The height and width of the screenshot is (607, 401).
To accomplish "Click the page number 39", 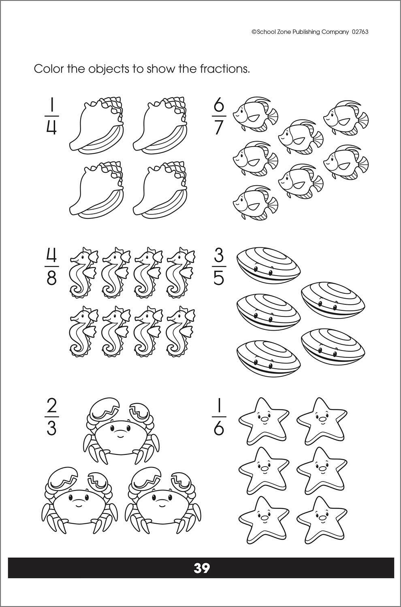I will point(201,568).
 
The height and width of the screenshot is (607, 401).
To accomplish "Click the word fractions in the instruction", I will point(224,69).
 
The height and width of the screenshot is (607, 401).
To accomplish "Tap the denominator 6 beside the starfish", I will point(218,428).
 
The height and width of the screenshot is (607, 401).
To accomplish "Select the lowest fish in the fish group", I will point(256,203).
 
